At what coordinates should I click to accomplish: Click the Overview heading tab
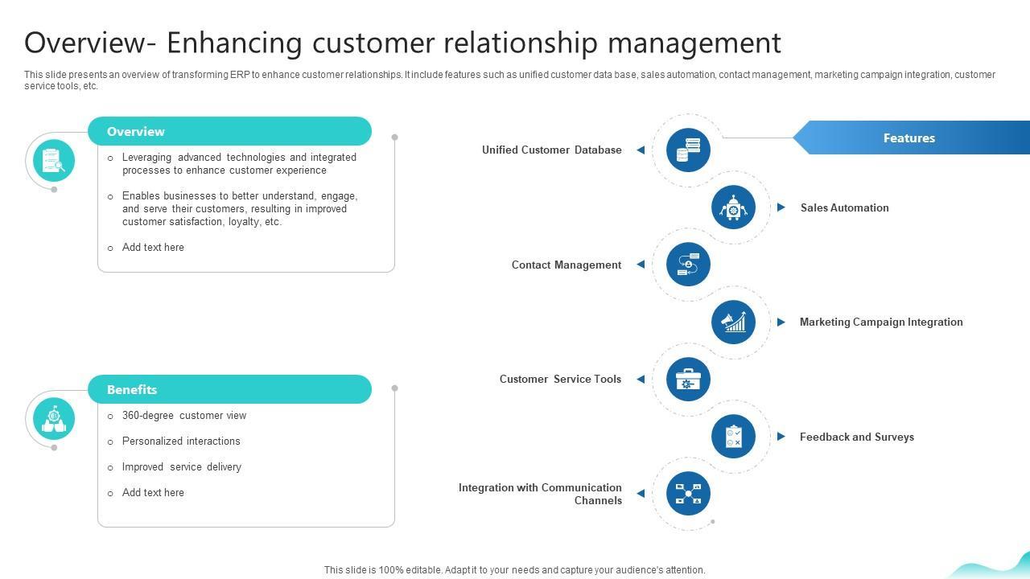coord(229,131)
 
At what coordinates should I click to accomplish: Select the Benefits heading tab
coord(229,389)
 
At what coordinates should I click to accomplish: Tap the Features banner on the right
coord(909,138)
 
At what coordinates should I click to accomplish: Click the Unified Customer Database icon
coord(688,150)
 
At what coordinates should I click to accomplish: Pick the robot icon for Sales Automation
coord(733,207)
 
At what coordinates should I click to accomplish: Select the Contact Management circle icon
coord(688,265)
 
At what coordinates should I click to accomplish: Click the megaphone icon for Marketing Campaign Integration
coord(733,322)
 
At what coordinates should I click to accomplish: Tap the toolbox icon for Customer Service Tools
coord(688,379)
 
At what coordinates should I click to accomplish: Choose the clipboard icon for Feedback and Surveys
coord(733,437)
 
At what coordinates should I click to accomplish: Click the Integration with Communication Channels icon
coord(688,494)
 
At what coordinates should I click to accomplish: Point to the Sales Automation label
coord(844,207)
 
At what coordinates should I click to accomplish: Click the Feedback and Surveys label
coord(856,437)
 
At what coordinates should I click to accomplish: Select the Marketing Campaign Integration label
coord(880,322)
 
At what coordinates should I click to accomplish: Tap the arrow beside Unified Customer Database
coord(641,150)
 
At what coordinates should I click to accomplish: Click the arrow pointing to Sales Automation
coord(781,207)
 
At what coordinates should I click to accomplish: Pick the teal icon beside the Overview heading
coord(54,161)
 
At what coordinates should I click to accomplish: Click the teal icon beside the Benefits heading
coord(54,419)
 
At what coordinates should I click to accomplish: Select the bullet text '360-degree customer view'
coord(184,416)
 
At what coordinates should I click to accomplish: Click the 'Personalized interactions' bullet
coord(181,441)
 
